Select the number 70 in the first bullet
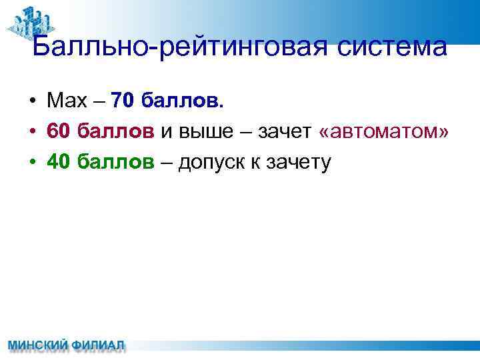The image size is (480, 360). [x=124, y=101]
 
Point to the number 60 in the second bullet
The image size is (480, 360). [x=59, y=132]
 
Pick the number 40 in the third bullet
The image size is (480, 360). [x=59, y=162]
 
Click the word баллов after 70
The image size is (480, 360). [x=184, y=101]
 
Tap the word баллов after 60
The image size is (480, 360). [x=116, y=132]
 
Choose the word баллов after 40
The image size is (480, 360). [x=116, y=162]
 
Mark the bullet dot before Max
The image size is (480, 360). [x=32, y=102]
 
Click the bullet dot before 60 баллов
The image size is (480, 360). [x=32, y=133]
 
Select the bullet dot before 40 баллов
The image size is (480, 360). [x=32, y=163]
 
